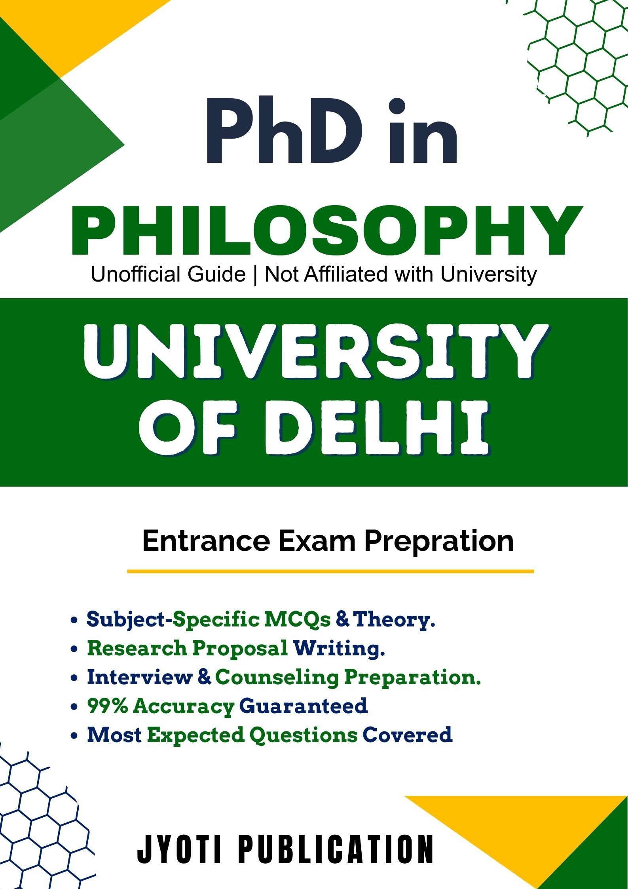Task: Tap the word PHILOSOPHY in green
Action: (327, 231)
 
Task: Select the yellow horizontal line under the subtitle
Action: (330, 571)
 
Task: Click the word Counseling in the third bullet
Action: (277, 677)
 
